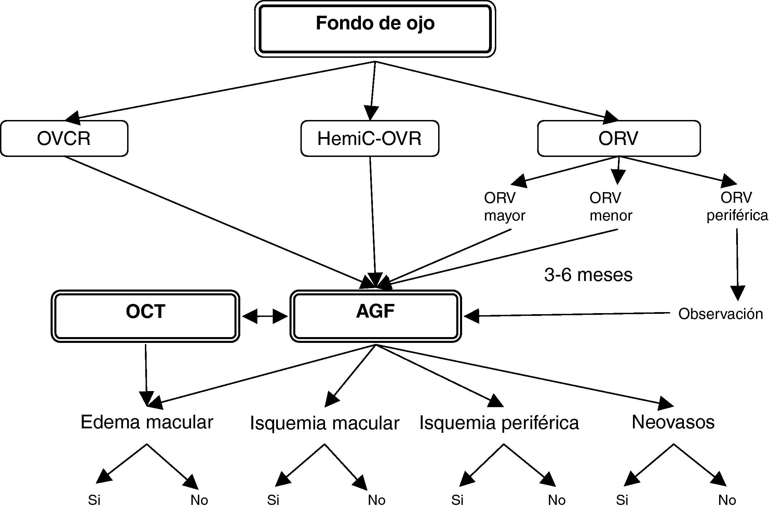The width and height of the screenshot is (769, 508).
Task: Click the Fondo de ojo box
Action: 375,29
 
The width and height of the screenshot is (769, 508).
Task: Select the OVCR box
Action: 64,138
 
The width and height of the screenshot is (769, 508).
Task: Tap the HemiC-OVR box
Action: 369,138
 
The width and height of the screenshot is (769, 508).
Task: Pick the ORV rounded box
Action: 618,138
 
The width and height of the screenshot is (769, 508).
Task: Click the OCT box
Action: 145,316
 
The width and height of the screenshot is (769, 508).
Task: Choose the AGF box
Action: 375,316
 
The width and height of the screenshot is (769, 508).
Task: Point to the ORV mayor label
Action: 504,206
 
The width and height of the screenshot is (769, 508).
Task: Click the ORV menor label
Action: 611,206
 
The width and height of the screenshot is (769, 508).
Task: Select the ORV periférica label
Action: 737,206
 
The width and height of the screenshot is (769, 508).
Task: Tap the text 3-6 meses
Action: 588,275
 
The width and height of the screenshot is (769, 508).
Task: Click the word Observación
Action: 720,314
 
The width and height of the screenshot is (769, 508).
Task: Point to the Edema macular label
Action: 147,422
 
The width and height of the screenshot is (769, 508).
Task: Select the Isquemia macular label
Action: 325,423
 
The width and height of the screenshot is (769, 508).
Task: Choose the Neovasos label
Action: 673,422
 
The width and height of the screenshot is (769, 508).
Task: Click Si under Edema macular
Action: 94,500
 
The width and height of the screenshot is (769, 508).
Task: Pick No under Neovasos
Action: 727,500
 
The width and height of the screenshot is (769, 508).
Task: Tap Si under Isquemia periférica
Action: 457,500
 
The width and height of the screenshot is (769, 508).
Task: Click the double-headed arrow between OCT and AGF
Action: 265,317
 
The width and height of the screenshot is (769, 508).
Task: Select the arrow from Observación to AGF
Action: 564,315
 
